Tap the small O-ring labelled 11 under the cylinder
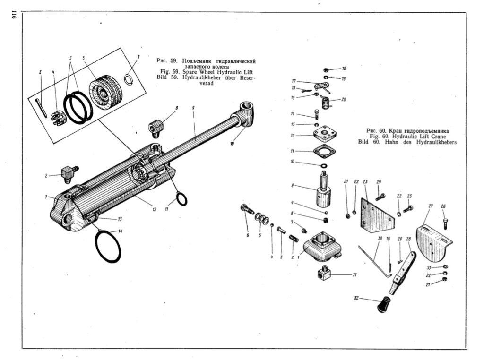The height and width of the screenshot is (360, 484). point(181,199)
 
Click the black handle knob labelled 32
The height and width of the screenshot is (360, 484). point(383,304)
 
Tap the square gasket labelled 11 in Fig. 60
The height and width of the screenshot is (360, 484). point(324,152)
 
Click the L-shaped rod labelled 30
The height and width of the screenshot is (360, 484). point(375,260)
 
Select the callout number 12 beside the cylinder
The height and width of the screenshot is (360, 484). point(155,209)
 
